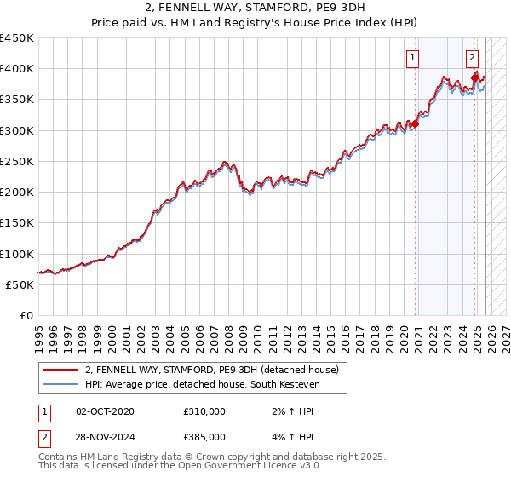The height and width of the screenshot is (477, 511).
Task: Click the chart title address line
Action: pyautogui.click(x=255, y=8)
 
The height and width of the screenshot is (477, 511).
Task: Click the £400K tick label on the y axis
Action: pyautogui.click(x=17, y=69)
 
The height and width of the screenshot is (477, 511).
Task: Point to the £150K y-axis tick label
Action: pyautogui.click(x=17, y=222)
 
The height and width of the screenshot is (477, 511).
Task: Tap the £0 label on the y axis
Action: pyautogui.click(x=27, y=315)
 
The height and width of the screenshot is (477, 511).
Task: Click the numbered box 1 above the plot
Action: pyautogui.click(x=413, y=58)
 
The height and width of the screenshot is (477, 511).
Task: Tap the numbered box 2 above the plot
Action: pyautogui.click(x=472, y=58)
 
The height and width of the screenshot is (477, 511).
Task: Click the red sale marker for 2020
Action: pyautogui.click(x=416, y=124)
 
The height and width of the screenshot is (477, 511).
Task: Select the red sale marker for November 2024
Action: pyautogui.click(x=475, y=78)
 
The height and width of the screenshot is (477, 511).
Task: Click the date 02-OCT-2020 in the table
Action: pyautogui.click(x=105, y=411)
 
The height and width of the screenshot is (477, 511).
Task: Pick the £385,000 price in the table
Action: pyautogui.click(x=204, y=437)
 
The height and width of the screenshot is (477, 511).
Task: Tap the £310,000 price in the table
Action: pyautogui.click(x=204, y=411)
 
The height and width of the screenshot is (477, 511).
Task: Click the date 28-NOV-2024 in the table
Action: pyautogui.click(x=105, y=437)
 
